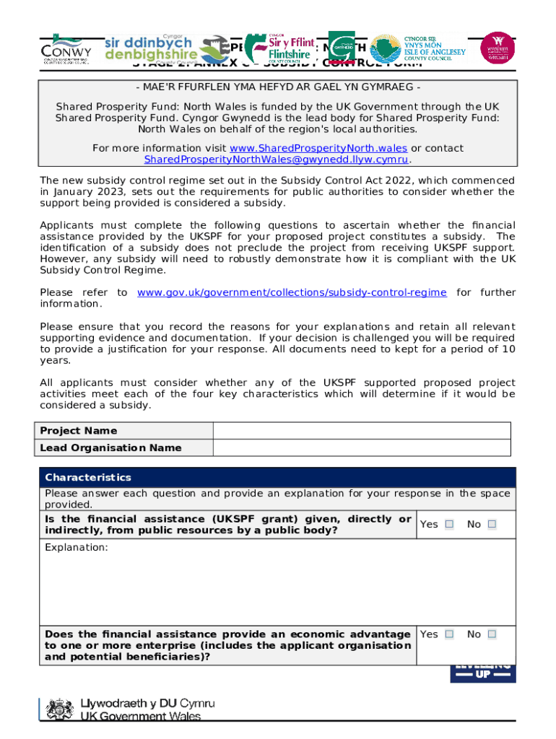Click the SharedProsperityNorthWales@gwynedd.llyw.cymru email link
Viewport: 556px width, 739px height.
pos(277,159)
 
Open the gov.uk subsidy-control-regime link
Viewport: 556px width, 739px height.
pos(292,292)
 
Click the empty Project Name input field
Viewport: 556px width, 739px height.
pos(362,431)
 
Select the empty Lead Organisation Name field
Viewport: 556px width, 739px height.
pos(362,448)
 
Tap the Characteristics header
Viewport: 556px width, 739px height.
pos(88,477)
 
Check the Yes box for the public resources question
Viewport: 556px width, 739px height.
pos(449,525)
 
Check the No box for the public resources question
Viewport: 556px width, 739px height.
pos(492,525)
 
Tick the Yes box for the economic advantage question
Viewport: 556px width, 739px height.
pos(449,634)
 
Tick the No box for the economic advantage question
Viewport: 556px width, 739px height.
pos(492,634)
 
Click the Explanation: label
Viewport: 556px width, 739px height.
pos(77,548)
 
